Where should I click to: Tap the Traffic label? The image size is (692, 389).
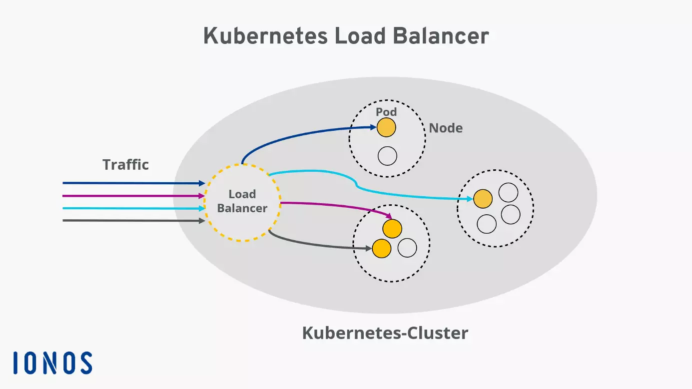125,165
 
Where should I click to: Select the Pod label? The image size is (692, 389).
386,112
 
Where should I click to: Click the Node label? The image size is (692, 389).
446,128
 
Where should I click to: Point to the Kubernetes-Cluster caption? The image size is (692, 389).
385,333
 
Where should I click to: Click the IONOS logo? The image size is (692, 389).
52,363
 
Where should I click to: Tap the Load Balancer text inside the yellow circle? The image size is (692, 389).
242,201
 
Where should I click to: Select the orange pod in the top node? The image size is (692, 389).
386,128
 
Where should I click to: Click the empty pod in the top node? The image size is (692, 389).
387,156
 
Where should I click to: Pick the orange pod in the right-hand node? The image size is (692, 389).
483,199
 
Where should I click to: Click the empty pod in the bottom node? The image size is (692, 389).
407,248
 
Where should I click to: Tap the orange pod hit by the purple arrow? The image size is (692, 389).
392,229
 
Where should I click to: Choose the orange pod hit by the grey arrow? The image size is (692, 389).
381,248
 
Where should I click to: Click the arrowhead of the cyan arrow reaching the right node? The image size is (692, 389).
470,199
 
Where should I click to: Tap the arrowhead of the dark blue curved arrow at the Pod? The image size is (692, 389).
373,128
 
